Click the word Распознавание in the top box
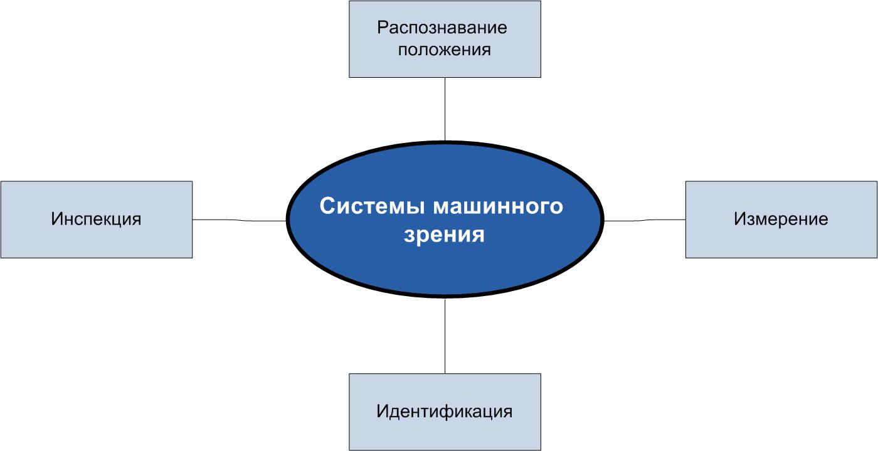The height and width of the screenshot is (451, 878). click(442, 28)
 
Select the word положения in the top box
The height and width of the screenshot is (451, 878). click(444, 50)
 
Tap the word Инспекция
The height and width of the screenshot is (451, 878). click(96, 219)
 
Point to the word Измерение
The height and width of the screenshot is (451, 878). click(781, 219)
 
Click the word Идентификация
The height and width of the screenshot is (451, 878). click(445, 411)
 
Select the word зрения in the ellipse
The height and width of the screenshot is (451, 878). click(445, 235)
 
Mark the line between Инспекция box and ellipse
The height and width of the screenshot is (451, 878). click(239, 220)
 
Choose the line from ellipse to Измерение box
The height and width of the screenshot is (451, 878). click(645, 220)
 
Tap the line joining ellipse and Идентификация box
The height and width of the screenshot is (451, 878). click(445, 336)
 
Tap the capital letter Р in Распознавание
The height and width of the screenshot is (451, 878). click(382, 28)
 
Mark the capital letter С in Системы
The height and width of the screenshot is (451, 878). click(326, 206)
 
